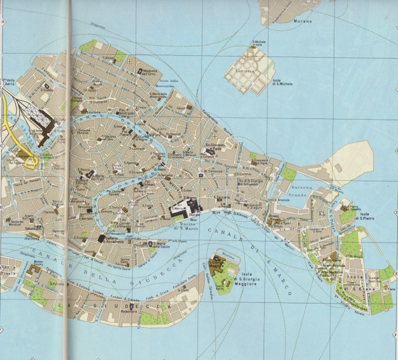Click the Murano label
point(303,21)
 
